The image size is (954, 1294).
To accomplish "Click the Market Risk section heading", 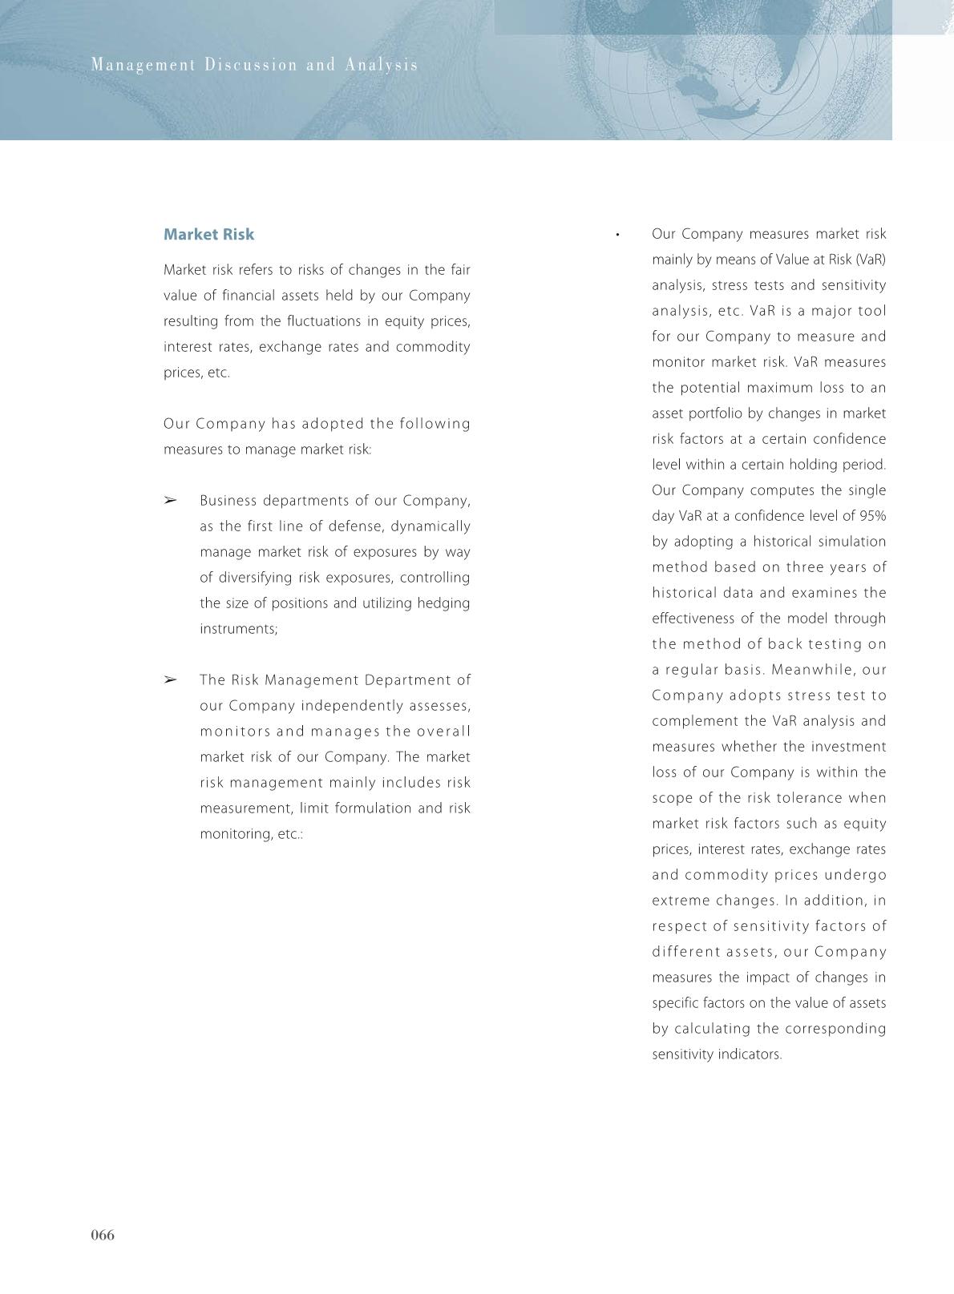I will [208, 235].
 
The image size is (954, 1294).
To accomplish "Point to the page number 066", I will [103, 1235].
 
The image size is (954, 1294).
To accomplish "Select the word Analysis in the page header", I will [382, 65].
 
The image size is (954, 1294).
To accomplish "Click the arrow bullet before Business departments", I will [170, 501].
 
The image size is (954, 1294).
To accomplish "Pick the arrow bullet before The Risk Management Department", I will [170, 680].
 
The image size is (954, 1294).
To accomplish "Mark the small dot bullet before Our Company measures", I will [617, 235].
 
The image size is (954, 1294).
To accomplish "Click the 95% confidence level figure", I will [872, 516].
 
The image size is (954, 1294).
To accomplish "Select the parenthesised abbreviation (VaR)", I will [871, 260].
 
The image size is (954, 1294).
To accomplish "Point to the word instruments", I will [238, 629].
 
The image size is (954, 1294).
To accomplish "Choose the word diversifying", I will [245, 578].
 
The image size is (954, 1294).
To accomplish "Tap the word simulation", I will [851, 542].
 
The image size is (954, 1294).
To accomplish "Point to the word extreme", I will [681, 901].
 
